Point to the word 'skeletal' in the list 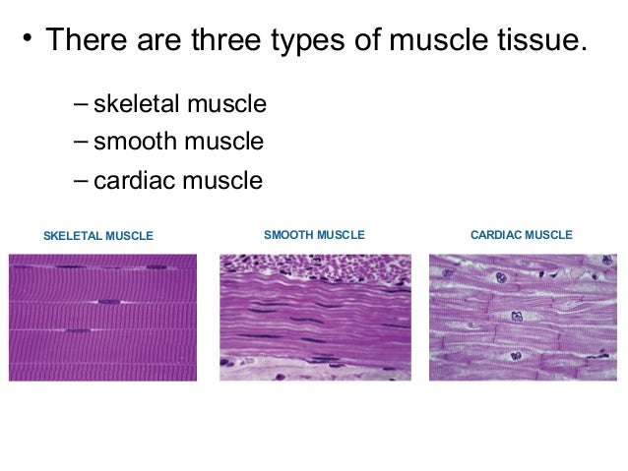(133, 104)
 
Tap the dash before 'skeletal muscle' (79, 105)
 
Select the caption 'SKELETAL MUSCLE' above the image (98, 237)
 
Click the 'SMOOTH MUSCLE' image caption (315, 236)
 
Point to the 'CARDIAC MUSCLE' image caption (522, 236)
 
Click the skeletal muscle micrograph (102, 317)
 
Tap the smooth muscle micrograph (315, 317)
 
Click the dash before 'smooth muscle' (79, 144)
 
